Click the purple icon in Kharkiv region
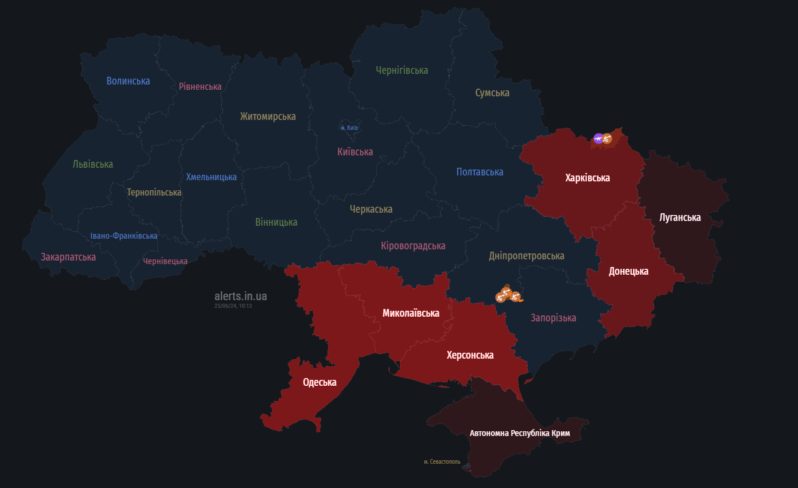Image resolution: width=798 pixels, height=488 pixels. tap(598, 138)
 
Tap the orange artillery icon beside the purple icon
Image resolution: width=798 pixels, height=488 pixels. tap(606, 139)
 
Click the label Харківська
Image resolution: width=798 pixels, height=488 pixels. tap(587, 178)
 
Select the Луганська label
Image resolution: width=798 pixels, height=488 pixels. tap(680, 217)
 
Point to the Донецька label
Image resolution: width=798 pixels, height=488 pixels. tap(628, 271)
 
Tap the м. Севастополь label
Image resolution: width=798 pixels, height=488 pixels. tap(442, 461)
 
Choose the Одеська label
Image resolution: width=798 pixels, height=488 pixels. tap(319, 382)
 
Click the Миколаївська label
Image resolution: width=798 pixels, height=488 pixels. tap(411, 313)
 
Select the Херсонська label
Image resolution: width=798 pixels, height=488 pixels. tap(470, 355)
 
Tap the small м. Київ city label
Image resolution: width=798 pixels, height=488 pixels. tap(349, 128)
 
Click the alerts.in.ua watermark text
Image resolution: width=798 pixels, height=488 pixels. tap(240, 296)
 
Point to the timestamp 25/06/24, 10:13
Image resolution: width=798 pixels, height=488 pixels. tap(233, 306)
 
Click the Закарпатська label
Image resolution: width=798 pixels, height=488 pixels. tap(68, 257)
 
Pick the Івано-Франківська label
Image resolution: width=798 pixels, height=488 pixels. tap(124, 236)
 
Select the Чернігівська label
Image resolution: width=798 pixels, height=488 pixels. tap(402, 70)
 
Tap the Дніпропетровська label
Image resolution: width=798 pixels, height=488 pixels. tap(526, 256)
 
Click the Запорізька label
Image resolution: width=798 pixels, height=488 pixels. tap(553, 318)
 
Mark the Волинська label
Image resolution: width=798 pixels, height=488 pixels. tap(128, 81)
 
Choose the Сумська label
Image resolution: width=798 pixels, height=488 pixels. tap(492, 93)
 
